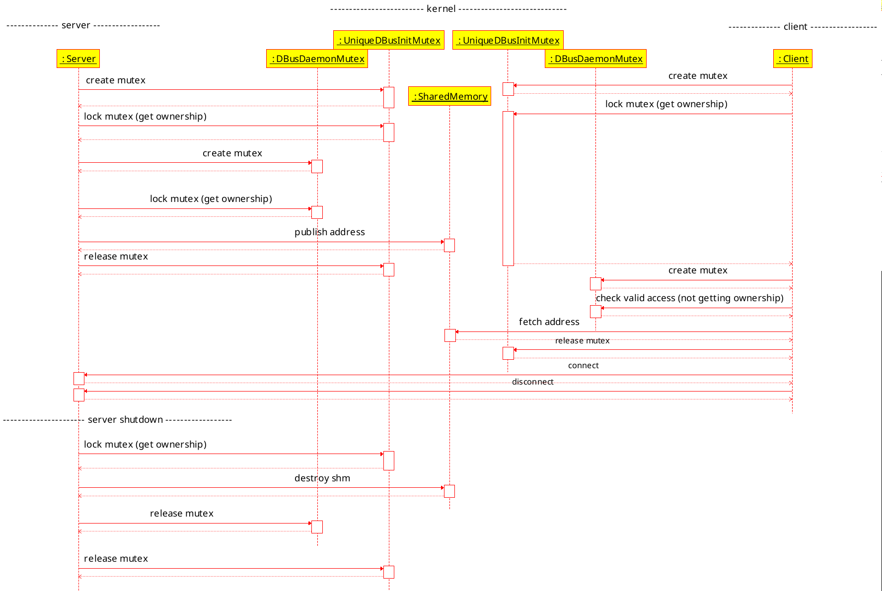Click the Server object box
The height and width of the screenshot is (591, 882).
tap(78, 59)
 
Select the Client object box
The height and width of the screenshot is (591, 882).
tap(793, 59)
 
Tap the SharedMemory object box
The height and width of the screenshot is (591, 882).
tap(449, 96)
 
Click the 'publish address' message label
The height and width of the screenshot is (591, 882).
tap(329, 232)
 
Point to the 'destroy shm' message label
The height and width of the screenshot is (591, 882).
tap(322, 478)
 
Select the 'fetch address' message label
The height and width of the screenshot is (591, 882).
tap(549, 322)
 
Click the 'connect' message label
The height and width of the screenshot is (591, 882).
tap(583, 365)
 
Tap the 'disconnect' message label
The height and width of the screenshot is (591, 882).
tap(532, 382)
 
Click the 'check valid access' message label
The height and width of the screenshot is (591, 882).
tap(689, 298)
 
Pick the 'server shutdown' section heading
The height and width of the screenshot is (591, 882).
tap(125, 419)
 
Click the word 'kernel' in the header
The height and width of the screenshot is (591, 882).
tap(441, 8)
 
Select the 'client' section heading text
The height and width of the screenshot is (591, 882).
tap(795, 26)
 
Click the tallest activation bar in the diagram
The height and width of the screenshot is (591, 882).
tap(508, 188)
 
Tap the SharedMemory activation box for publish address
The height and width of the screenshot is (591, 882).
tap(449, 245)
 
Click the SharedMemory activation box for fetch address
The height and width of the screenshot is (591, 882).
tap(450, 335)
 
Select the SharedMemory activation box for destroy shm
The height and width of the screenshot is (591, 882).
tap(449, 491)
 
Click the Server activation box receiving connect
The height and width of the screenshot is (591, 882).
tap(79, 379)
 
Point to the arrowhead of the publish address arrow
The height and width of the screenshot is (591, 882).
tap(442, 242)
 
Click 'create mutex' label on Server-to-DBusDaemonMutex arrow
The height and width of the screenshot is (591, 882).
tap(232, 153)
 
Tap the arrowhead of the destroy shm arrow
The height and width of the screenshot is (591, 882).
tap(442, 488)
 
